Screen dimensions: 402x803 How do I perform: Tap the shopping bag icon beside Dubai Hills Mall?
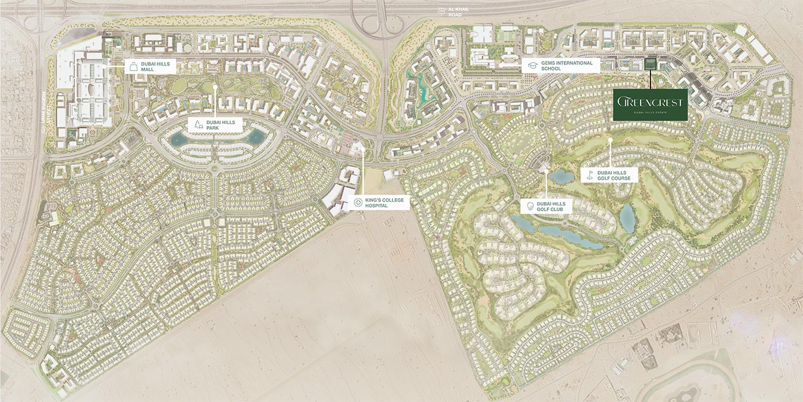click(132, 65)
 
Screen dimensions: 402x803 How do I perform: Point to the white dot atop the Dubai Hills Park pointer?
click(215, 88)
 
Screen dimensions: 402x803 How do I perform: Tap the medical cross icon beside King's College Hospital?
click(358, 202)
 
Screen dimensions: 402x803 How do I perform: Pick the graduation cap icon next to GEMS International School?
click(532, 65)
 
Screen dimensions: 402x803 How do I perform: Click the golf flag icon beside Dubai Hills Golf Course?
click(589, 175)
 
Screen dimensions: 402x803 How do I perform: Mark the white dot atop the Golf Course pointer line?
click(611, 139)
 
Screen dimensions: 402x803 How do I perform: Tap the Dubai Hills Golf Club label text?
click(551, 207)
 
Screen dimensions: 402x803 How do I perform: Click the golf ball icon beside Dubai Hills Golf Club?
click(529, 207)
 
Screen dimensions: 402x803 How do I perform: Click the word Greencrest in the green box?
click(650, 102)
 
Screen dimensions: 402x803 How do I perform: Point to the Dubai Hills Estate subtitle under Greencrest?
click(650, 113)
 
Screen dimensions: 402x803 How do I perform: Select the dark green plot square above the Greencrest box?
click(650, 65)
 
